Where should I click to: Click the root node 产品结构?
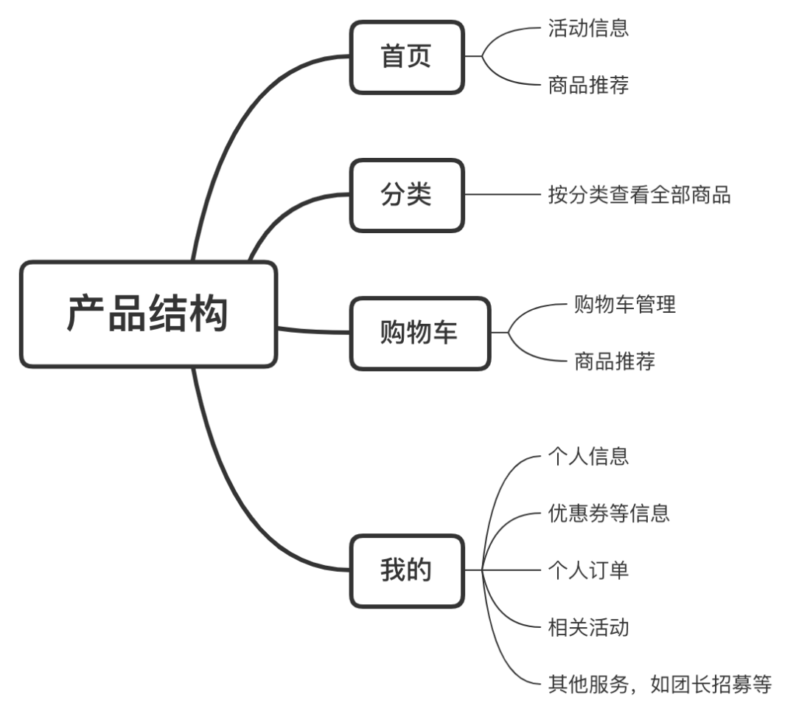[x=148, y=314]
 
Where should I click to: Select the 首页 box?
[x=407, y=58]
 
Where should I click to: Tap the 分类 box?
[x=407, y=196]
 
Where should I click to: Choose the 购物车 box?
[x=419, y=333]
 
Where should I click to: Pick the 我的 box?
[x=407, y=570]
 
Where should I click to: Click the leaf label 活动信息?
[x=588, y=29]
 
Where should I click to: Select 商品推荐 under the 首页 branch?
[x=588, y=86]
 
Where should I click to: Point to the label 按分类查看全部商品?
[x=639, y=196]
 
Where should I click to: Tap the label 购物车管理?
[x=624, y=305]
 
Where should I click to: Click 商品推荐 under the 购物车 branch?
[x=614, y=362]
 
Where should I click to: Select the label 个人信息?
[x=588, y=456]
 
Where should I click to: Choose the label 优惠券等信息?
[x=609, y=513]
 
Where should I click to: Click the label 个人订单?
[x=588, y=570]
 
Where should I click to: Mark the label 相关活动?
[x=588, y=628]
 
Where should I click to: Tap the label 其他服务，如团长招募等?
[x=659, y=685]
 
